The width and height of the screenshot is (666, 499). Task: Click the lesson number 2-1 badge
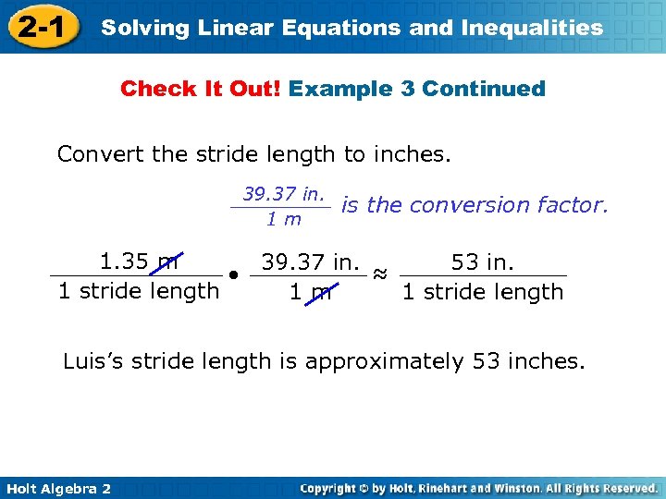39,27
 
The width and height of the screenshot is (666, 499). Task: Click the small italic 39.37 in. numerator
284,194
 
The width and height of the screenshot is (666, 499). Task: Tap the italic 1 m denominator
284,219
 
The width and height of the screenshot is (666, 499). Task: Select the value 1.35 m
139,262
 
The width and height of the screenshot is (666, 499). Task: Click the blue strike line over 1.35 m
169,263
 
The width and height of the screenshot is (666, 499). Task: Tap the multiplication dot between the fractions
236,276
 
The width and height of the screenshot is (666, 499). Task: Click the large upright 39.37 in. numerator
310,262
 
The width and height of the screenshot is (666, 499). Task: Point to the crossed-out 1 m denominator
310,293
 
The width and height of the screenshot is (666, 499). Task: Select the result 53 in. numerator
482,262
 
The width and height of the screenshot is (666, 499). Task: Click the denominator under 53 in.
482,292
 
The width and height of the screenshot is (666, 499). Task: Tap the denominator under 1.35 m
139,291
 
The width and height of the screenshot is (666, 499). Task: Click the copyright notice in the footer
479,487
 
